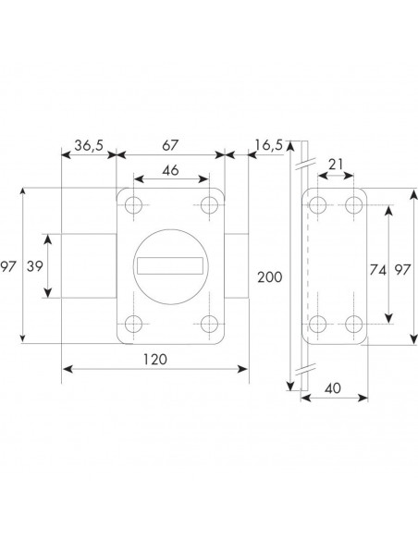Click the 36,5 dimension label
89,146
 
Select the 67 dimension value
170,145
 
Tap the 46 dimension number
170,170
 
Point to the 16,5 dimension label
268,145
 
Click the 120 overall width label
155,360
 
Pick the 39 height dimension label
35,266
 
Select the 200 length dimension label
270,277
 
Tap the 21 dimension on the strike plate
336,165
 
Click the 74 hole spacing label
377,270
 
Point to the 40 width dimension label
333,388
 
